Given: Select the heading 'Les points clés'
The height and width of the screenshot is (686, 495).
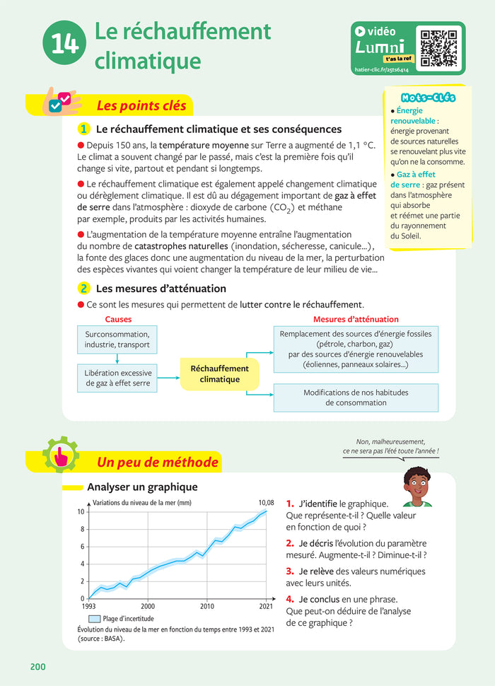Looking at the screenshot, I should coord(141,106).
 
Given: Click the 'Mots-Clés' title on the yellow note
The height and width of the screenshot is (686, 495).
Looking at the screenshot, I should coord(428,98).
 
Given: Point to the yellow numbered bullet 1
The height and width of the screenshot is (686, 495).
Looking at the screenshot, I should coord(83,129).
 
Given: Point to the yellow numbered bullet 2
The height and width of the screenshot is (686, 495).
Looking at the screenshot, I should coord(83,289).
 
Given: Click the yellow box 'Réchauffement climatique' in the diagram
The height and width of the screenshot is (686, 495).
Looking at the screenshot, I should coord(219,374).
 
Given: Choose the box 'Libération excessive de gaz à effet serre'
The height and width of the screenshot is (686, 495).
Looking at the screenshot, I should coord(117,378).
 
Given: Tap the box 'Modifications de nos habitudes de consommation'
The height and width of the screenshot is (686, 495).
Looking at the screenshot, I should coord(356,397).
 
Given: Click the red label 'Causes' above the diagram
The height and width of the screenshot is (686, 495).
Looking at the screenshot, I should coord(117,320).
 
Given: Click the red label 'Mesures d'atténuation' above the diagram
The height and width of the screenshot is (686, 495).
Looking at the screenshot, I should coord(355,320).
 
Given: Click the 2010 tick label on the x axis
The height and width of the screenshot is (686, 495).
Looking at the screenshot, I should coord(207,606).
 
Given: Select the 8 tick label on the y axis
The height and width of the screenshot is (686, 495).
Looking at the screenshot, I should coord(81,529).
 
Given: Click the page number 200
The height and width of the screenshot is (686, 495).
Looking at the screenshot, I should coord(38,666).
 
